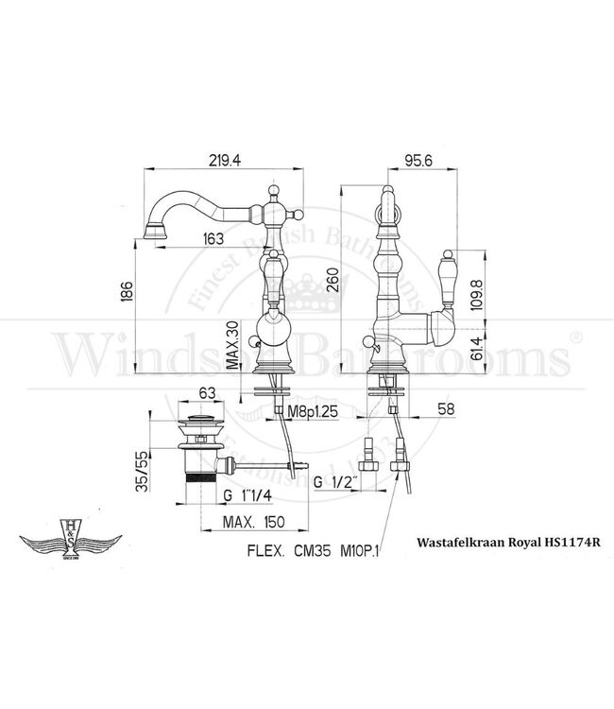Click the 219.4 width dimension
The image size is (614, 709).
223,162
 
